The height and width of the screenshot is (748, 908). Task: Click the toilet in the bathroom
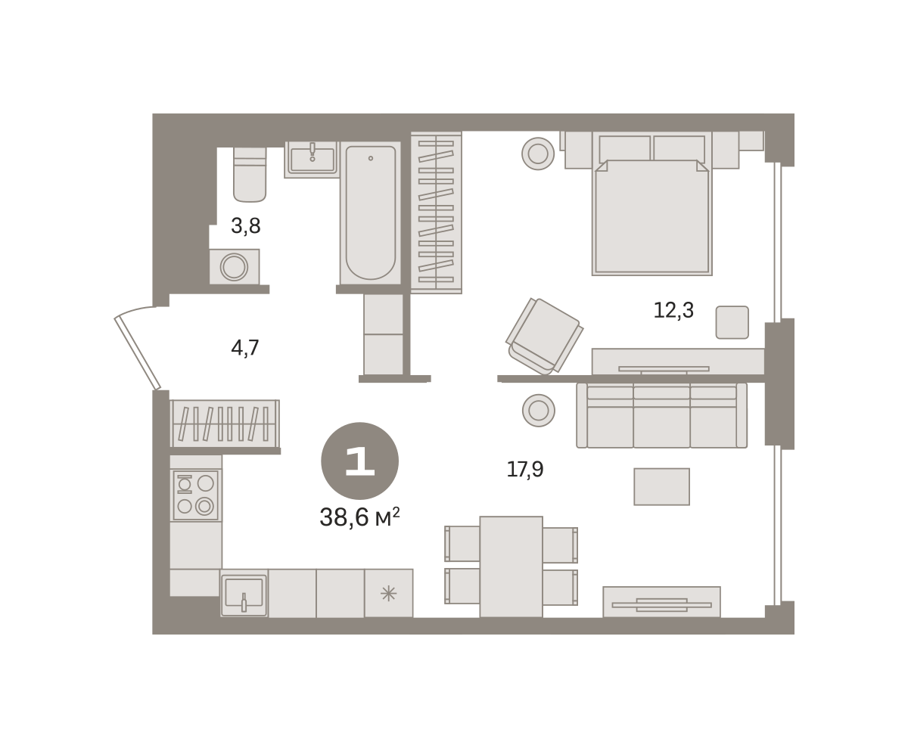point(250,175)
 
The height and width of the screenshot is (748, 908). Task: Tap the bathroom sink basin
point(313,160)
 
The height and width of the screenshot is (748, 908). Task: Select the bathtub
point(371,213)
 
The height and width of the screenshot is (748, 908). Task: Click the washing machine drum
point(234,267)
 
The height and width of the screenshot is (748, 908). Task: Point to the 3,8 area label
point(246,226)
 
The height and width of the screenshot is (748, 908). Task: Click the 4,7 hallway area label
point(245,348)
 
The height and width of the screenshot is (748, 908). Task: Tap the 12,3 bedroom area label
point(673,310)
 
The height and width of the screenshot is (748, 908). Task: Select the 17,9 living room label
point(525,470)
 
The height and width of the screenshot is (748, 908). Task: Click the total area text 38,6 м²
point(359,517)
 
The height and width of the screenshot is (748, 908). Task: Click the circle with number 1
point(359,461)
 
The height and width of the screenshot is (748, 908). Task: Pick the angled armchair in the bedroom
point(545,336)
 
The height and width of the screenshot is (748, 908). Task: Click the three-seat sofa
point(661,415)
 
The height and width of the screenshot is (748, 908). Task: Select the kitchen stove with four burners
point(195,495)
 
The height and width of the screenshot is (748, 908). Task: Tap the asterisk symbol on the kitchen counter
point(388,593)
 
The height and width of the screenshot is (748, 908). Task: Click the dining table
point(511,566)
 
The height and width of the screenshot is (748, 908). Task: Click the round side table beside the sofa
point(538,410)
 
